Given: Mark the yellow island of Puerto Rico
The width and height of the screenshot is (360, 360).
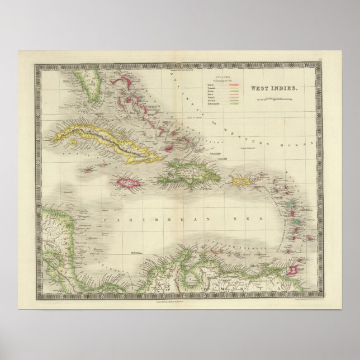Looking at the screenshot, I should [241, 181].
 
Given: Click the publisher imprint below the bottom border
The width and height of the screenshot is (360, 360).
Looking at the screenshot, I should [179, 301].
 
